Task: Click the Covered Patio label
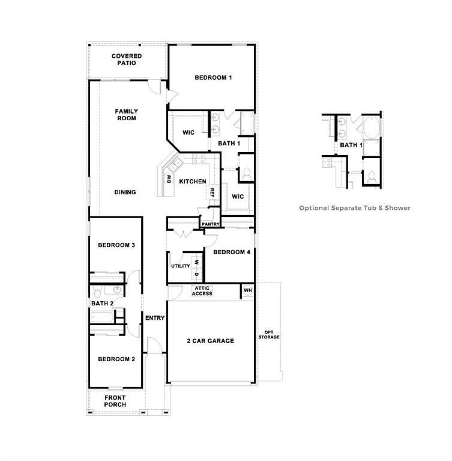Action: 127,60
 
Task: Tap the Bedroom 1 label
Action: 213,78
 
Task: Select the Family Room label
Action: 127,115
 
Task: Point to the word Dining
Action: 125,192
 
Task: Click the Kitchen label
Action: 193,182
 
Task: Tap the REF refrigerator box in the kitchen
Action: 212,192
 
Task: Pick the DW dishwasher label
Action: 169,179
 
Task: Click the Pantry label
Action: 211,224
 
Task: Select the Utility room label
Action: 180,266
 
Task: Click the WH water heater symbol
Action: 248,290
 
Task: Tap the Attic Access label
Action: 202,291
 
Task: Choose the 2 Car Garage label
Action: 211,341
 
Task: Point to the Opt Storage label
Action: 269,335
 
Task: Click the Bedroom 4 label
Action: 232,252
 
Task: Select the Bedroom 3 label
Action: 116,245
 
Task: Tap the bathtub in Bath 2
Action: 102,317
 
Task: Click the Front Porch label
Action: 115,401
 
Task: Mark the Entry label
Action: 155,318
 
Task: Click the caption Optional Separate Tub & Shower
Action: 355,208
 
